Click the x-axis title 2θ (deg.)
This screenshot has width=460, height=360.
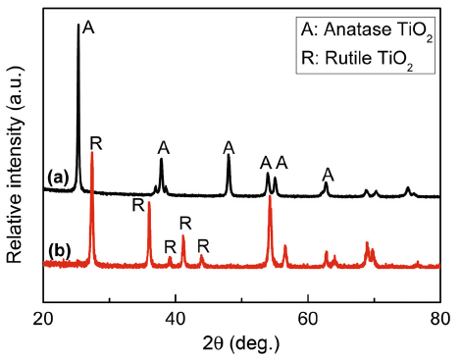[241, 342]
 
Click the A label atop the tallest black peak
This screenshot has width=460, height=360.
[88, 28]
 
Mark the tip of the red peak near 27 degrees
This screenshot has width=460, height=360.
[92, 152]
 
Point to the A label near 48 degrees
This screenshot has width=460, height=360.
[229, 147]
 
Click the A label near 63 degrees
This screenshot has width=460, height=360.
[329, 174]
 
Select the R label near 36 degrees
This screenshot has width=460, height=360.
[138, 205]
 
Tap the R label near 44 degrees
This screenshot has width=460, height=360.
[203, 245]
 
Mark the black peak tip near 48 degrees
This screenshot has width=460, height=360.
[229, 156]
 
